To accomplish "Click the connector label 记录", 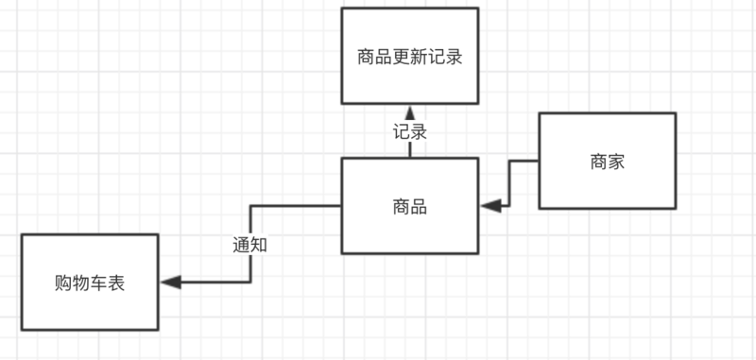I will click(x=410, y=131).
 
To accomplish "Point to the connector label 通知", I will click(x=250, y=244).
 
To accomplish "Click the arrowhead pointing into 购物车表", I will click(x=171, y=282).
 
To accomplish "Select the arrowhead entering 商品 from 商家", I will click(x=490, y=205).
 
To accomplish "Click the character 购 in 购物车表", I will click(x=63, y=283).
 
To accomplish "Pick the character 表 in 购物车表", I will click(x=116, y=283).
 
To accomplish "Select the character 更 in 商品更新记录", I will click(x=409, y=57).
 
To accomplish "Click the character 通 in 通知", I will click(x=242, y=244).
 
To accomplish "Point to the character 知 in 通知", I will click(x=260, y=244).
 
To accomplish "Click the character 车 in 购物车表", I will click(x=98, y=283).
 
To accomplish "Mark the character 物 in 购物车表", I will click(x=81, y=283).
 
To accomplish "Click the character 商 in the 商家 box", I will click(x=598, y=162).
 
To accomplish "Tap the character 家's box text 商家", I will click(x=607, y=162).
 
